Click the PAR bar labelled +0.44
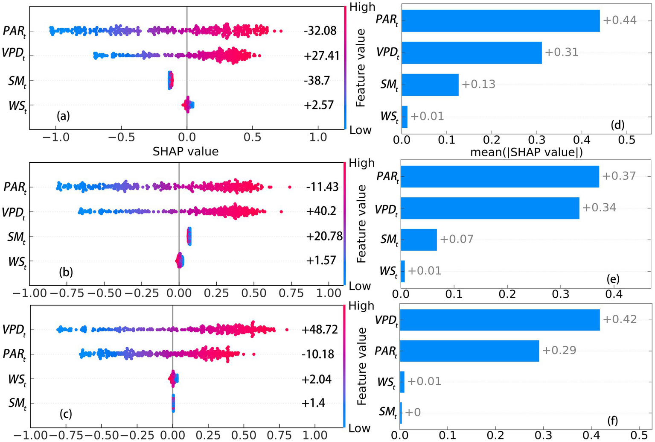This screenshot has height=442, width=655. click(500, 21)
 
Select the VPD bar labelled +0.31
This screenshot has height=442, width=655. click(472, 53)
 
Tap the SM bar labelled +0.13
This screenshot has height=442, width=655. click(430, 85)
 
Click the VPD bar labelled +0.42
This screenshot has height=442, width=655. click(500, 319)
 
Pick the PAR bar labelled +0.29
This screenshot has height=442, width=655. click(470, 351)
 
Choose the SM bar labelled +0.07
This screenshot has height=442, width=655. click(419, 239)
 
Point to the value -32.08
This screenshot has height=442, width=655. click(320, 31)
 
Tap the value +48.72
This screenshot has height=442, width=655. click(320, 330)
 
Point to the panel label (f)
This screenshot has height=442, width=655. click(612, 421)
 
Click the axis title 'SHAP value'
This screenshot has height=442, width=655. click(186, 151)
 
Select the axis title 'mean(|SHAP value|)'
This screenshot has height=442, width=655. click(527, 152)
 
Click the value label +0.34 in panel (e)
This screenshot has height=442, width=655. click(599, 208)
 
